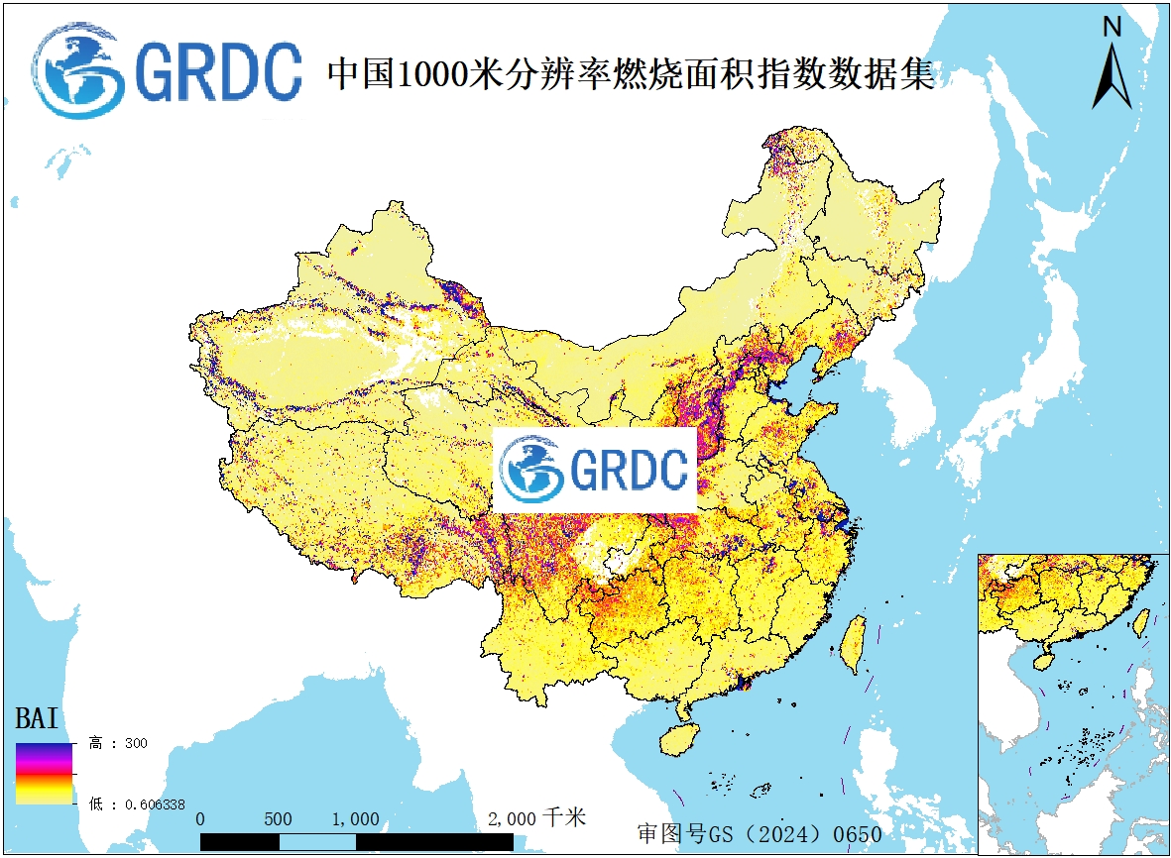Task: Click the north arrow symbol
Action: click(x=1112, y=76)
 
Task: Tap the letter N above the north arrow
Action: click(x=1112, y=27)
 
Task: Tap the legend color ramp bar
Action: click(x=44, y=773)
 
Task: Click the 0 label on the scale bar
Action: click(x=201, y=819)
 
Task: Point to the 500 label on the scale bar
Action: click(x=279, y=819)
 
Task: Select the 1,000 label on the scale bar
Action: click(x=354, y=819)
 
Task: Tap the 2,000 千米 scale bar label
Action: click(x=536, y=818)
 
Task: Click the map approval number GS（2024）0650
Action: click(x=760, y=833)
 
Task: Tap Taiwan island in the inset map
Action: click(x=1140, y=621)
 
